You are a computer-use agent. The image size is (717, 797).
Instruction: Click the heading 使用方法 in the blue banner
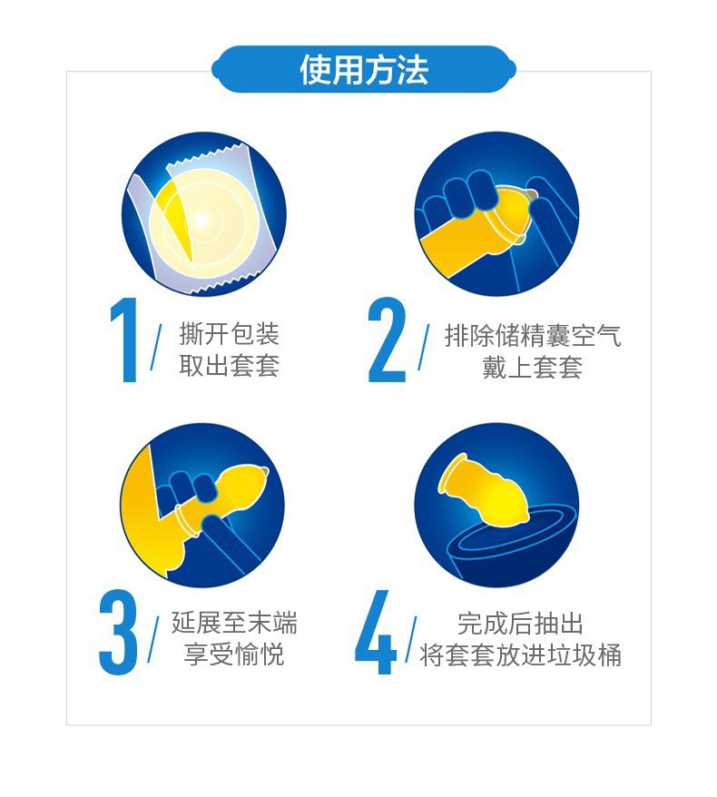tap(364, 70)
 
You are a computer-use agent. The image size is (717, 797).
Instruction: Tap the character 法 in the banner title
tap(413, 70)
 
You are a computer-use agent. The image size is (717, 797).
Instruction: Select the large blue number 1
tap(125, 339)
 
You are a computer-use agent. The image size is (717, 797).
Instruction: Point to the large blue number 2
tap(388, 339)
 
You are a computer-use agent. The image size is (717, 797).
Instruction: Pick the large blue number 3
tap(118, 632)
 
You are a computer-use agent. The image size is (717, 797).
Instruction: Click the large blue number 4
tap(376, 632)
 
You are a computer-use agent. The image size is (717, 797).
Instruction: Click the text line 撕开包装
tap(230, 334)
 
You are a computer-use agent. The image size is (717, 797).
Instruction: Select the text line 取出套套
tap(230, 366)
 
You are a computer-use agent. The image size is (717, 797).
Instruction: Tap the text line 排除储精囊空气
tap(533, 336)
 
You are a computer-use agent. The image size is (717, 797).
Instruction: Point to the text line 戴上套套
tap(533, 367)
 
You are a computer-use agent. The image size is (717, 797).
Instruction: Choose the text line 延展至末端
tap(234, 623)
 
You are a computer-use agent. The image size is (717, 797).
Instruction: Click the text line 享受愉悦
tap(234, 654)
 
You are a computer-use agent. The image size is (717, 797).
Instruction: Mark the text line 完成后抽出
tap(520, 624)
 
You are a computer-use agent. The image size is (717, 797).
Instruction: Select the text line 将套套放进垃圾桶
tap(520, 655)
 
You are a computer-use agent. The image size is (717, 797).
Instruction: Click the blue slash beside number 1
tap(156, 347)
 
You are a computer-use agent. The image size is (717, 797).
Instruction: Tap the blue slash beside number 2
tap(423, 347)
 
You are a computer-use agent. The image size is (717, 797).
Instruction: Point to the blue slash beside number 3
tap(153, 639)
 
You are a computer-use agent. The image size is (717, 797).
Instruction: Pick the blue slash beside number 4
tap(411, 639)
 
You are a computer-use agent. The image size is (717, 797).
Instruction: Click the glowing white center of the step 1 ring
tap(201, 221)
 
